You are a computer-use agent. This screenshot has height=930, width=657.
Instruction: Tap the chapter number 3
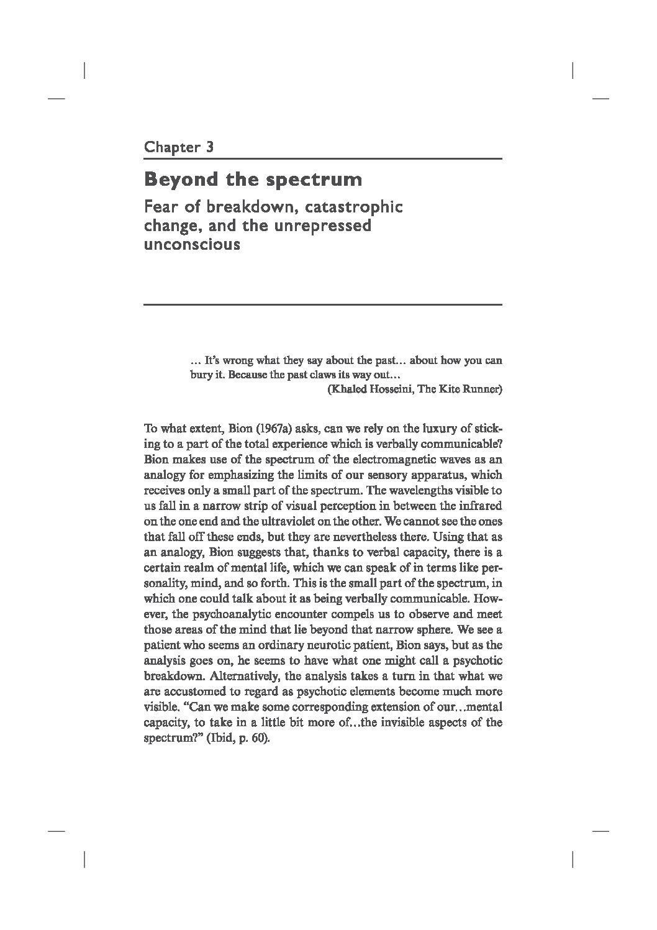pyautogui.click(x=210, y=147)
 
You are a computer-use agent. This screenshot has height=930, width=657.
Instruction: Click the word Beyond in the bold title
pyautogui.click(x=179, y=180)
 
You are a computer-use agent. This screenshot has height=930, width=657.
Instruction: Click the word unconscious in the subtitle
pyautogui.click(x=192, y=244)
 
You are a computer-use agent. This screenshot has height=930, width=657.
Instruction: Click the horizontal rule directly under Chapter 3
pyautogui.click(x=322, y=159)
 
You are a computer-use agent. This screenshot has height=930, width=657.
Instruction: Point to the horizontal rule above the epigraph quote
pyautogui.click(x=322, y=304)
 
